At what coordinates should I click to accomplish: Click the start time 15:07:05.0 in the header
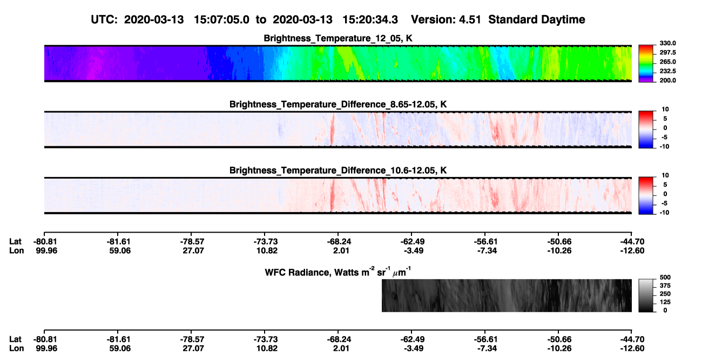click(x=221, y=19)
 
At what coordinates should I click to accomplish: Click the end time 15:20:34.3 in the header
click(x=370, y=19)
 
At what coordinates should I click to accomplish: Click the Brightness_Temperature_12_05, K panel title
click(x=338, y=38)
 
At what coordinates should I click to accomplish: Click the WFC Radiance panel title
click(x=338, y=272)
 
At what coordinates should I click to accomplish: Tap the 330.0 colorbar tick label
click(x=667, y=43)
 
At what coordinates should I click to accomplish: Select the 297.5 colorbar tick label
click(x=667, y=52)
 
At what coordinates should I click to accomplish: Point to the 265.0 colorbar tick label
click(x=667, y=62)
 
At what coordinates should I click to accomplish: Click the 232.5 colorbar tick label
click(x=667, y=71)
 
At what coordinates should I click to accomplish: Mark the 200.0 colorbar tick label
click(x=667, y=80)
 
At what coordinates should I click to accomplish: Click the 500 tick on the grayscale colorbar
click(x=665, y=277)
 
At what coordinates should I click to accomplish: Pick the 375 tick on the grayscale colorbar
click(x=665, y=286)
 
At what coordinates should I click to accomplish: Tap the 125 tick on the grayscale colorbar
click(x=665, y=302)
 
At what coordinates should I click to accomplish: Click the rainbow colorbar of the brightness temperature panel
click(x=646, y=64)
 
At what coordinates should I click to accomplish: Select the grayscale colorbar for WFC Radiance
click(x=646, y=295)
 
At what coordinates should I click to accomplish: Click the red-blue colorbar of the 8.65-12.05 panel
click(x=646, y=130)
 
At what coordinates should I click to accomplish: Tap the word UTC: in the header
click(x=104, y=19)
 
